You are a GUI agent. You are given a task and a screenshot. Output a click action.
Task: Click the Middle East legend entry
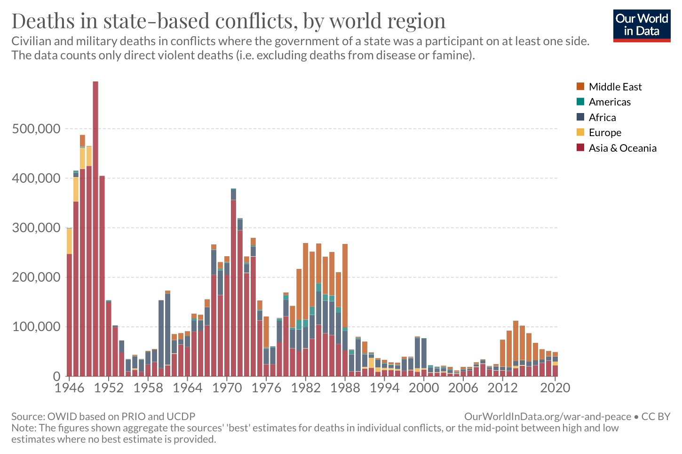pyautogui.click(x=615, y=87)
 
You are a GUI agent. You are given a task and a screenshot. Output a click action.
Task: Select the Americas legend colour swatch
pyautogui.click(x=580, y=102)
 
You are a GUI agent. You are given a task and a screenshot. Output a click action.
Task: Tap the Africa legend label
pyautogui.click(x=602, y=117)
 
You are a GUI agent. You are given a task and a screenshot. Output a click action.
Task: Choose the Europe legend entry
pyautogui.click(x=605, y=132)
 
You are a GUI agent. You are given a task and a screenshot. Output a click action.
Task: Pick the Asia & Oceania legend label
pyautogui.click(x=622, y=148)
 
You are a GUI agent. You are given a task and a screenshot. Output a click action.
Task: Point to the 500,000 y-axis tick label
pyautogui.click(x=36, y=129)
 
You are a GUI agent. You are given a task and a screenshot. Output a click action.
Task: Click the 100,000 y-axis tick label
pyautogui.click(x=36, y=327)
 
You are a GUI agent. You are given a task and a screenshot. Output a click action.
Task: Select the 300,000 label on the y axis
pyautogui.click(x=36, y=228)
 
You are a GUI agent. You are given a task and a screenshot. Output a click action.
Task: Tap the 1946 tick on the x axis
pyautogui.click(x=70, y=388)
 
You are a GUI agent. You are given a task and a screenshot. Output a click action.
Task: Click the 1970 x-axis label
pyautogui.click(x=227, y=388)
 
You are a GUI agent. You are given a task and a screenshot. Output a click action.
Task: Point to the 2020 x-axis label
pyautogui.click(x=555, y=388)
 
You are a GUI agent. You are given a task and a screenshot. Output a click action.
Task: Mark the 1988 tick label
pyautogui.click(x=345, y=388)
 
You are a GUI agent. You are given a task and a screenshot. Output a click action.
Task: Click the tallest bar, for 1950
pyautogui.click(x=95, y=226)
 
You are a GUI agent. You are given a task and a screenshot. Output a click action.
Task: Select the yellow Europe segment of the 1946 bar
pyautogui.click(x=70, y=241)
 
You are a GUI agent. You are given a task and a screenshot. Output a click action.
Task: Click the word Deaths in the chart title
pyautogui.click(x=43, y=21)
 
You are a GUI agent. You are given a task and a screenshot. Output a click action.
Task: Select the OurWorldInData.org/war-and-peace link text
pyautogui.click(x=547, y=416)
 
